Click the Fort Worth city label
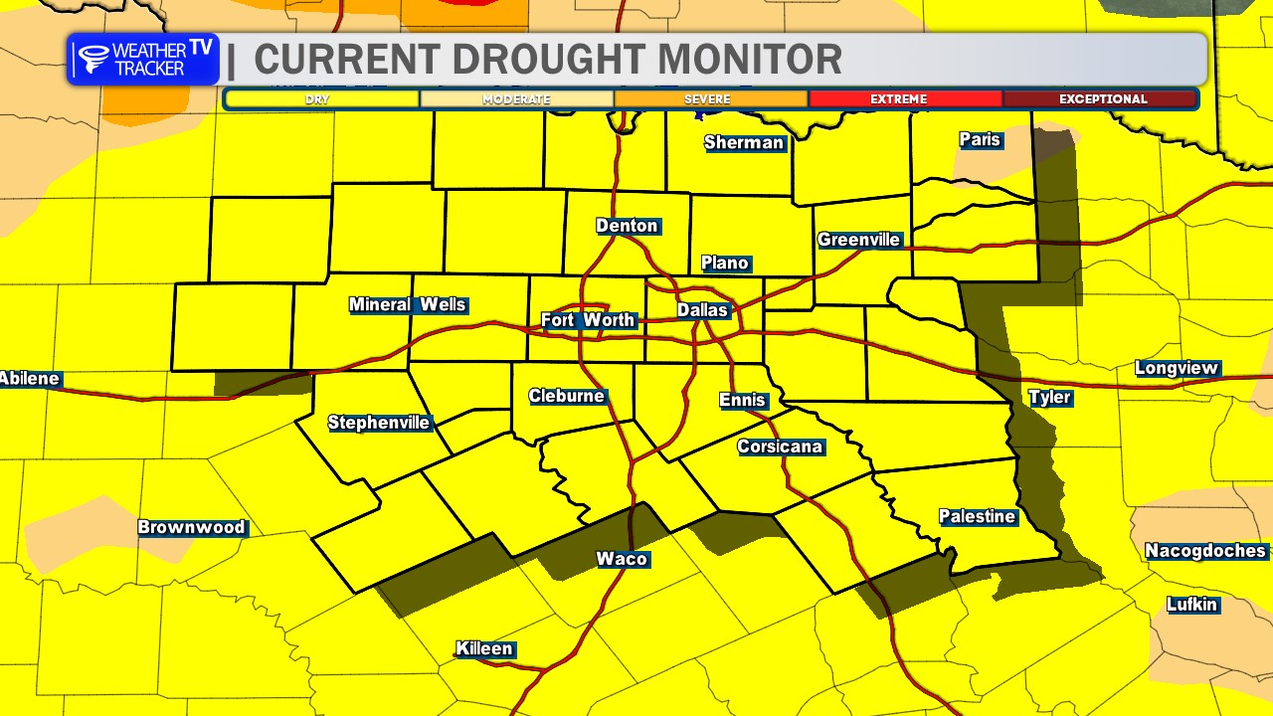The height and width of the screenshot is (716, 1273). pos(588,320)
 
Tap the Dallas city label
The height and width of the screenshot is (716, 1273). pos(703,310)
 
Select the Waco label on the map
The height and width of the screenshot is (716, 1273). pos(623,559)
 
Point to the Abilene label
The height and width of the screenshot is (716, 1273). pos(30,379)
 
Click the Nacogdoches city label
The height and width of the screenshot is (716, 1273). pos(1205,551)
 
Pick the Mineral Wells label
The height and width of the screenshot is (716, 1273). pos(408,304)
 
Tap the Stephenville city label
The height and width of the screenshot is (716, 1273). pos(379,423)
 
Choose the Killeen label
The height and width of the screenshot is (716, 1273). pos(485,649)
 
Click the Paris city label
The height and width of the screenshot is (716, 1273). pos(980,139)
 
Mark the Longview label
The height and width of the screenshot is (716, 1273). pos(1177,369)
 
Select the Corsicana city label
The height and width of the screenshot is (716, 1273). pos(781,447)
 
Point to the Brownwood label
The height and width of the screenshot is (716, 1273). pos(192,527)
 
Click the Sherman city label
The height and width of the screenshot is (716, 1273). pos(744,142)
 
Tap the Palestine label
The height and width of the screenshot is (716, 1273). pos(978,516)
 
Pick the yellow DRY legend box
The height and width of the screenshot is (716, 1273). pos(320,99)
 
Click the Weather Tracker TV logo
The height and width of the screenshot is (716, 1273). pos(144,60)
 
